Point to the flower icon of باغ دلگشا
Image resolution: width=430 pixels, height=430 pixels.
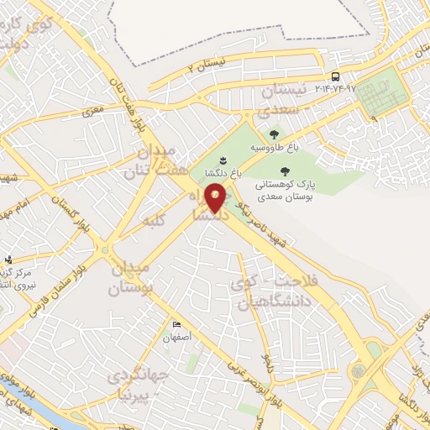[x=222, y=160]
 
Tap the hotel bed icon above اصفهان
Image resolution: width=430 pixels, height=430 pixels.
[x=176, y=325]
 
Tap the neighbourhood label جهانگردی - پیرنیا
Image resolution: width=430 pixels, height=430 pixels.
[x=139, y=382]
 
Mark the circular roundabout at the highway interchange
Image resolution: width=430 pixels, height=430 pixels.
[x=359, y=370]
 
